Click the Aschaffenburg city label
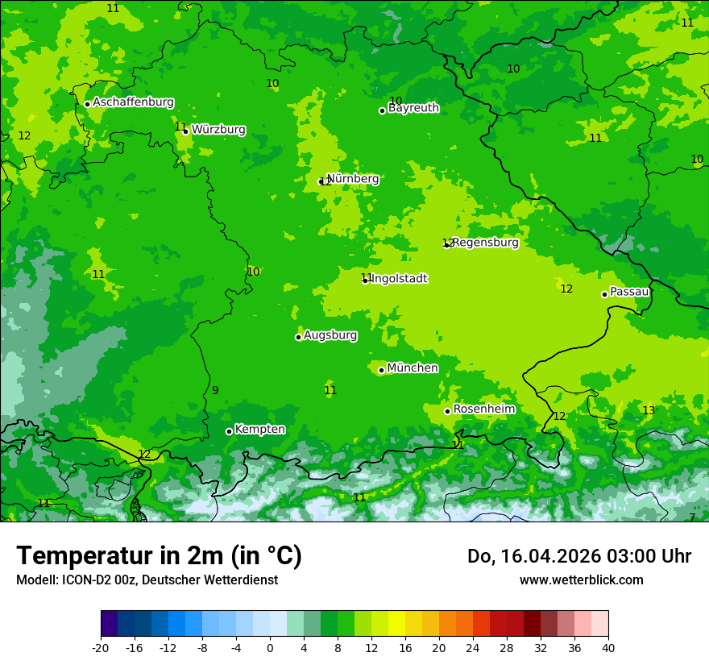[133, 102]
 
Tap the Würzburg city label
[218, 130]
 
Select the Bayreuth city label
[413, 108]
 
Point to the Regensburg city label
[485, 243]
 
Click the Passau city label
[629, 292]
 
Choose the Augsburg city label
[330, 335]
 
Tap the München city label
[413, 368]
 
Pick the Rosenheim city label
[483, 409]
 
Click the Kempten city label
[259, 430]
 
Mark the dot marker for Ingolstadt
[365, 280]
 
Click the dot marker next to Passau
[604, 294]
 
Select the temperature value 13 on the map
[649, 411]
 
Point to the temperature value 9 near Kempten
[215, 391]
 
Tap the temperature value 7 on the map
[691, 517]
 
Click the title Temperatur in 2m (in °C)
[159, 556]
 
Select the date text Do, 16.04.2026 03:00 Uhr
[578, 556]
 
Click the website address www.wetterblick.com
[581, 580]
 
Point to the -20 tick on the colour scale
[101, 648]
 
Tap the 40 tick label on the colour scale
[608, 648]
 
